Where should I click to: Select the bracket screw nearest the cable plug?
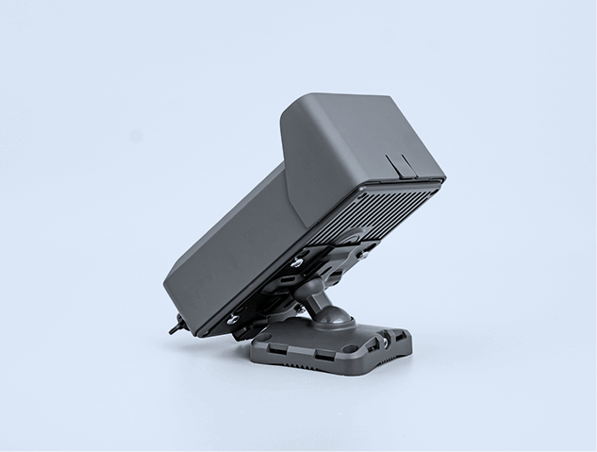pos(233,318)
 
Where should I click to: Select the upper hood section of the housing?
pos(358,142)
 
